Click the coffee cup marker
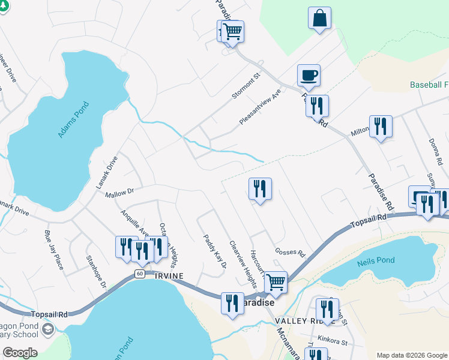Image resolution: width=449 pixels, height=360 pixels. coord(309,76)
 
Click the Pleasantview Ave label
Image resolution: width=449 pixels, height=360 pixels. coord(260,107)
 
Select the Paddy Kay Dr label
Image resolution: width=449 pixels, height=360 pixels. coord(214,251)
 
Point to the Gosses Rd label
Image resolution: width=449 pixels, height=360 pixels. coord(290,252)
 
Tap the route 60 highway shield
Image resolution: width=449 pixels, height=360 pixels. coord(139,274)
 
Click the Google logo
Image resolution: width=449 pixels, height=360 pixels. coord(20,353)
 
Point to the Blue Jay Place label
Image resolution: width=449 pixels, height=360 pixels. coord(54,250)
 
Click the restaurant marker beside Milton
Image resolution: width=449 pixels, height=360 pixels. coord(381,126)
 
